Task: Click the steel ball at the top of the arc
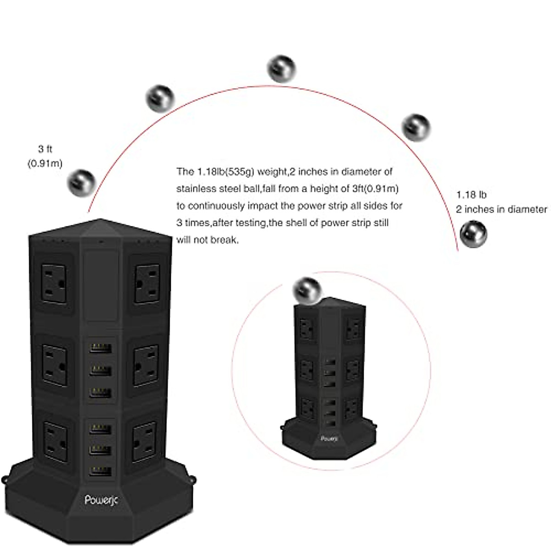coord(281,69)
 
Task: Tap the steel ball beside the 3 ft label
coord(81,182)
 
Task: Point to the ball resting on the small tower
coord(308,290)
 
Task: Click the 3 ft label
coord(45,149)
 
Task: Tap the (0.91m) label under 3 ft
coord(45,163)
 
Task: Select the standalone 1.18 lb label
coord(472,195)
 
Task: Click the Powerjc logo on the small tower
coord(329,439)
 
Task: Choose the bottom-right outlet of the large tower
coord(146,438)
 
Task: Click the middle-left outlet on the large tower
coord(55,359)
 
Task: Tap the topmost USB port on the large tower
coord(101,348)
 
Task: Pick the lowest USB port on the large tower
coord(101,471)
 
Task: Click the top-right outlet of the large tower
coord(147,283)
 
